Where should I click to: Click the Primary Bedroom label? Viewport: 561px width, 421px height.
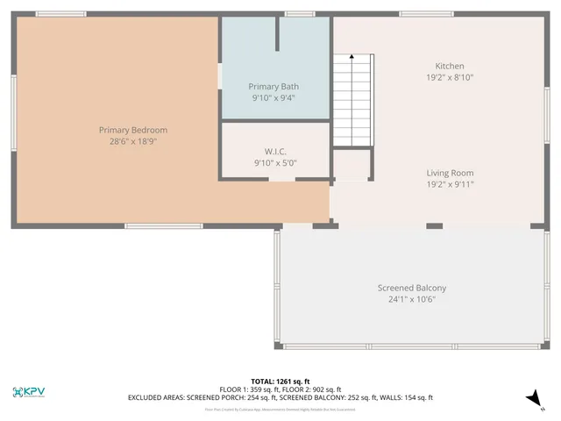click(132, 130)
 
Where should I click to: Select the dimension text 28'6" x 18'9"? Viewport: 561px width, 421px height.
click(132, 140)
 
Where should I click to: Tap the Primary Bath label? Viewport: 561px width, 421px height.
click(273, 87)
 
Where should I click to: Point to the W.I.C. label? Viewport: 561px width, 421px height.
click(275, 152)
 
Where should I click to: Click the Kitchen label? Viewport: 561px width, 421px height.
click(450, 67)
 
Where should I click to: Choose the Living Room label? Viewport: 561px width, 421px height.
click(450, 174)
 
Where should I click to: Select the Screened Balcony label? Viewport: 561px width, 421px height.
click(412, 289)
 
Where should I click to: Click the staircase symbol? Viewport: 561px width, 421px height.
click(352, 102)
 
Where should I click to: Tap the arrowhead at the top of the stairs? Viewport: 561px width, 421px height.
click(352, 57)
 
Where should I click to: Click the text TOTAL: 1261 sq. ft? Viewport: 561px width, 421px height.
click(280, 381)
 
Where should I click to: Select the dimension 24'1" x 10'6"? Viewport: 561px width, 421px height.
click(412, 299)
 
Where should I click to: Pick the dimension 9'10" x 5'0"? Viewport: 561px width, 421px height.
click(275, 162)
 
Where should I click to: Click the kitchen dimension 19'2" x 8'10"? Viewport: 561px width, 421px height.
click(450, 77)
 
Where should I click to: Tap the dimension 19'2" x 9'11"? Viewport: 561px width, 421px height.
click(450, 184)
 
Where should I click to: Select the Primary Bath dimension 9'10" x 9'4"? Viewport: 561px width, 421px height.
click(273, 97)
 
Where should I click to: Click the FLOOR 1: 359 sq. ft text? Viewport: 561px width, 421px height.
click(250, 389)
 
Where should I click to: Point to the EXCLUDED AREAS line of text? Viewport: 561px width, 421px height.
click(280, 398)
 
